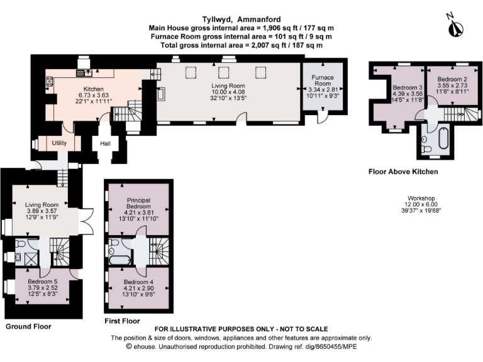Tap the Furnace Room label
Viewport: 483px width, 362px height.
[323, 80]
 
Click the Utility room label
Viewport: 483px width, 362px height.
[59, 143]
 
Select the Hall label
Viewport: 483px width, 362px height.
[106, 143]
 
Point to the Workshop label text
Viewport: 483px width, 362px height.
[421, 198]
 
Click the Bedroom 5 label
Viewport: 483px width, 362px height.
[43, 282]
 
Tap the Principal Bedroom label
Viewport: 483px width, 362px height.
[138, 203]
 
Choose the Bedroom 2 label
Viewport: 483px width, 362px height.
[452, 79]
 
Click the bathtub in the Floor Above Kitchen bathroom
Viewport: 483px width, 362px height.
[444, 139]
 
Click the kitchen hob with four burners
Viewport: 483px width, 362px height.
[49, 81]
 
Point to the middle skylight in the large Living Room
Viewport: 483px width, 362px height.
[224, 73]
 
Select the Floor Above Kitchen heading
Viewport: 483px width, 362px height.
[403, 172]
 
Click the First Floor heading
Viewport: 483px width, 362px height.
[122, 321]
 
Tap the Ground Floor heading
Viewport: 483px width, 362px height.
[28, 326]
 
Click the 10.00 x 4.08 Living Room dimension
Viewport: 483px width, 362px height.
[228, 92]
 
